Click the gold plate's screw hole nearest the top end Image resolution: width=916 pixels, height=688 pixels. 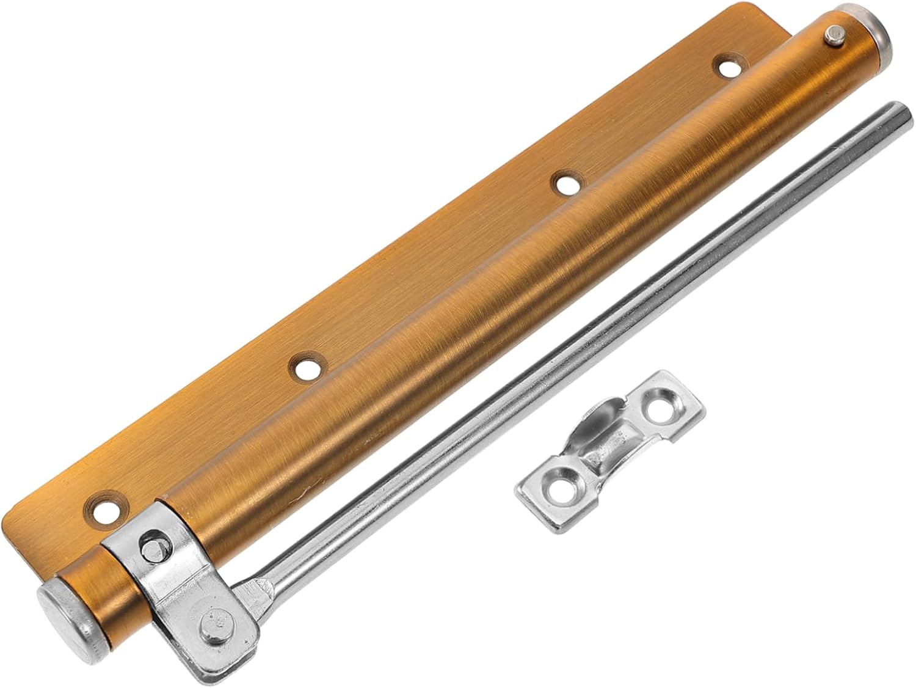tap(727, 67)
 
